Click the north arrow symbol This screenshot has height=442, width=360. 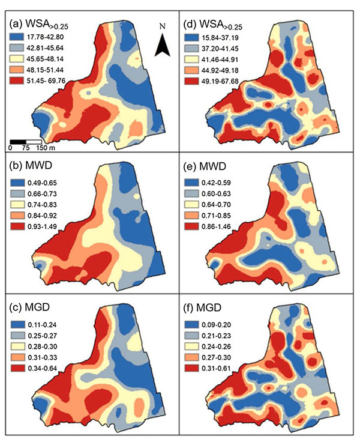[x=162, y=46]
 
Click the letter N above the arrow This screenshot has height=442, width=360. [x=162, y=27]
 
